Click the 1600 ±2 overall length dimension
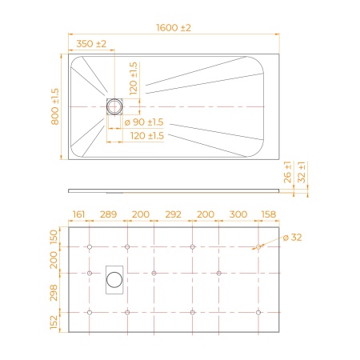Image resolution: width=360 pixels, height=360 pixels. point(174,28)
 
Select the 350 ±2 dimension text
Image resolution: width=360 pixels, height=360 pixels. point(91,44)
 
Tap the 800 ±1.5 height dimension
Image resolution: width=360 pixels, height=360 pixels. point(55,106)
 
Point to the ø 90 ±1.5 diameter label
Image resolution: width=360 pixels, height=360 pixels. point(144,122)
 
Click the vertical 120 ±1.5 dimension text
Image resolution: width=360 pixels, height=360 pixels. point(134,78)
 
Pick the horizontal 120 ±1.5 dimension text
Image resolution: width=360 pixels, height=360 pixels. point(147,136)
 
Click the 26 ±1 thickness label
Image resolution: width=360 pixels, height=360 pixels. point(287,172)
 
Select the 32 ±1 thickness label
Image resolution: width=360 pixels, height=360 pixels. point(302,172)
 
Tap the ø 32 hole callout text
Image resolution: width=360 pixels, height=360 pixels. point(292,237)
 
